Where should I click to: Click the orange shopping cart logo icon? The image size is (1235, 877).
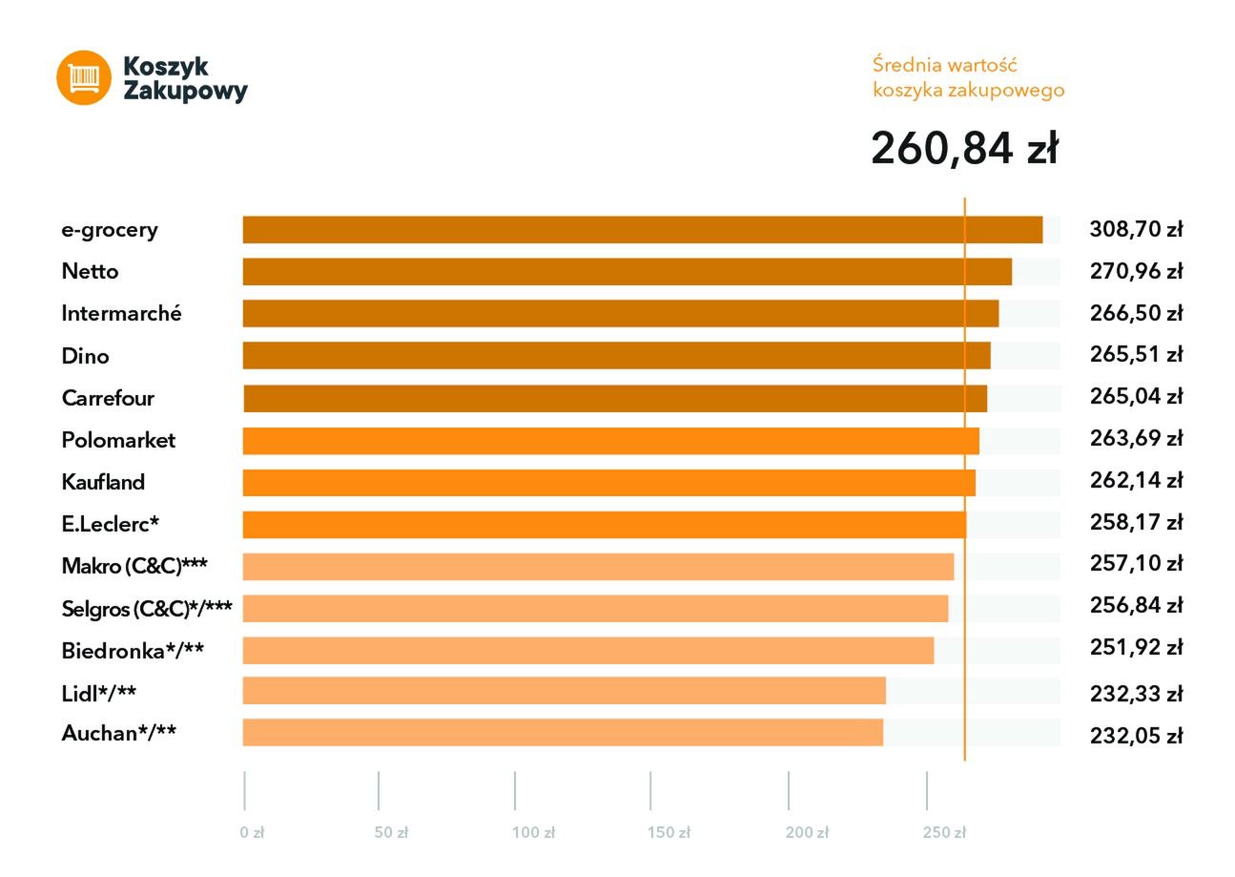pos(84,77)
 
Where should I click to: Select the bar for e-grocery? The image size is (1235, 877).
pos(642,230)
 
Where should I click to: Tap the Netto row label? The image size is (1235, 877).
pos(90,272)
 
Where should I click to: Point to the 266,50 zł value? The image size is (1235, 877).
pos(1135,313)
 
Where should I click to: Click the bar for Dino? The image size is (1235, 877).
pos(616,356)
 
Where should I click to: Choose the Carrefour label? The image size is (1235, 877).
pos(108,398)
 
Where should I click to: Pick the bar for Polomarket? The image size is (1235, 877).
pos(610,441)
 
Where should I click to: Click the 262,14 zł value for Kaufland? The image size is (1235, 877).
pos(1135,480)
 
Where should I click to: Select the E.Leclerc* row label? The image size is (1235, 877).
pos(110,524)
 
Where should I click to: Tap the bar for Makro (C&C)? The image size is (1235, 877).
pos(598,567)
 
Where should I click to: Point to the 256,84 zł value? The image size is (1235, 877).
pos(1135,605)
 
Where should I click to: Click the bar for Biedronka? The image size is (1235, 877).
pos(587,651)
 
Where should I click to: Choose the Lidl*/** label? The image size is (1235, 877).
pos(98,693)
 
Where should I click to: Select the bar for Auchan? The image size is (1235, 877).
pos(563,733)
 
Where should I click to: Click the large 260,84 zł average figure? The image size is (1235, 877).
pos(964,149)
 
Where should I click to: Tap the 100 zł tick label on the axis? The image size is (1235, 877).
pos(533,833)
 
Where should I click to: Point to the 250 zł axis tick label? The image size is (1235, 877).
pos(943,833)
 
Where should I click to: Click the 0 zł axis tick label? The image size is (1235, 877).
pos(252,833)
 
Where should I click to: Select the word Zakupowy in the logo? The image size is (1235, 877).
pos(185,92)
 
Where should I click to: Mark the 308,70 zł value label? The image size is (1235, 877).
pos(1135,229)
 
